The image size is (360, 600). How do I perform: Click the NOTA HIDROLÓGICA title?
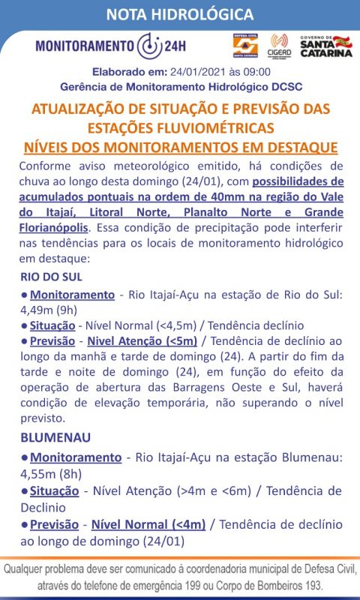click(x=179, y=14)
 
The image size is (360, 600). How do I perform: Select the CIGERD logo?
click(x=280, y=45)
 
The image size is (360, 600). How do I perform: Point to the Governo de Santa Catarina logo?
click(x=325, y=45)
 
